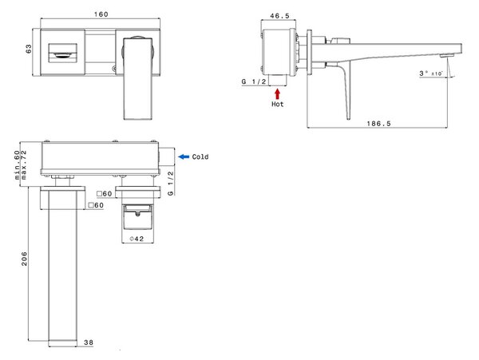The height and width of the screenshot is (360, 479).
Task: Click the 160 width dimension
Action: tap(101, 14)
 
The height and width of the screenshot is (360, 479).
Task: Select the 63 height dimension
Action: tap(28, 49)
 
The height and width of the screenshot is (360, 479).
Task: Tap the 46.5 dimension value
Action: tap(279, 16)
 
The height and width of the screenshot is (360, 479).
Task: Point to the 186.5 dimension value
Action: tap(378, 124)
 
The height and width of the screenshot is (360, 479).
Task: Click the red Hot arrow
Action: tap(277, 93)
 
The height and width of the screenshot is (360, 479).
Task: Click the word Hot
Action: tap(277, 104)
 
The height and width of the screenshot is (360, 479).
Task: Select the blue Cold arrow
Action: tap(184, 156)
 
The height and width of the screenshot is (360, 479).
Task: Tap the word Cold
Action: tap(200, 156)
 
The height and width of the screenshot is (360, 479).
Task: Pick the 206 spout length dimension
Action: tap(25, 259)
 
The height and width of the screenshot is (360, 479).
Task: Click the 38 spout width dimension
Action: tap(89, 342)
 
